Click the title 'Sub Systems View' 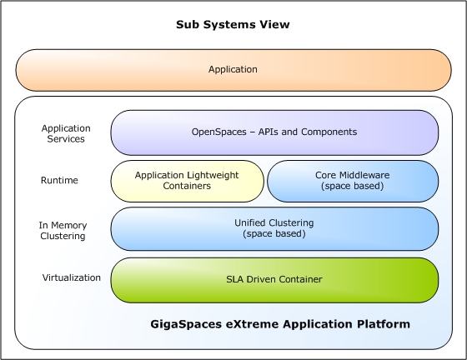[x=233, y=24]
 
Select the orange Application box [x=233, y=70]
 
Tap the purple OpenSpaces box [x=274, y=132]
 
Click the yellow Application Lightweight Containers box [x=188, y=181]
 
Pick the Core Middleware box [x=353, y=181]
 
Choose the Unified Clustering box [x=274, y=229]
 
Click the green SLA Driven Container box [x=274, y=280]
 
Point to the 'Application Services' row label [x=66, y=133]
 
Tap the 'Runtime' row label [x=59, y=180]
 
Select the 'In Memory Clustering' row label [x=63, y=231]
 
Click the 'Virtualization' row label [x=72, y=277]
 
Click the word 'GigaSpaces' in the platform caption [x=186, y=324]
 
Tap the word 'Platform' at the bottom [x=384, y=323]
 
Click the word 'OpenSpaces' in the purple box [x=218, y=132]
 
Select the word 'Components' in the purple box [x=329, y=132]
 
